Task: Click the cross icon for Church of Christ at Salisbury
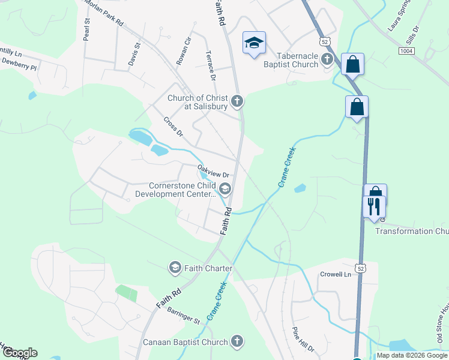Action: click(237, 101)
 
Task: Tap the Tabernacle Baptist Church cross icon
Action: click(327, 59)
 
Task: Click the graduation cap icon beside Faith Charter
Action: click(175, 267)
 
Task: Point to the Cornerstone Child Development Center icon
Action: click(225, 190)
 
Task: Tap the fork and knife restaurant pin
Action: click(374, 207)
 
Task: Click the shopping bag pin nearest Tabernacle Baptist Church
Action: click(352, 63)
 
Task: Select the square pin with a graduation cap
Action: click(254, 43)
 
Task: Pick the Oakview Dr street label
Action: click(214, 171)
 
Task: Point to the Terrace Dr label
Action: click(211, 65)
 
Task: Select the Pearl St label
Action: click(87, 29)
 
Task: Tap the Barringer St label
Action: click(183, 316)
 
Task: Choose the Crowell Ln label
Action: click(335, 274)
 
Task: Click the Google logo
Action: click(20, 353)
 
